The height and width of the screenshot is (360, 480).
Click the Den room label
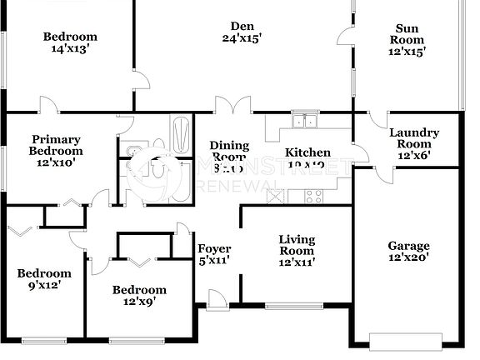pos(242,24)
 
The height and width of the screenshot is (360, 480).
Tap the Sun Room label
pos(410,39)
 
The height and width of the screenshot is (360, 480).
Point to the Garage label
pos(409,246)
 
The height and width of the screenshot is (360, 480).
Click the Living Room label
pos(296,244)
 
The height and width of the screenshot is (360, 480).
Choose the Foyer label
pos(214,249)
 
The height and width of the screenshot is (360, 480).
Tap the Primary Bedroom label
pos(56,145)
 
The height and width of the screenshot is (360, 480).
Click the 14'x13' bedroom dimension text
pos(70,49)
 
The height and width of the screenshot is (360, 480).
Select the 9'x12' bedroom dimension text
pos(44,286)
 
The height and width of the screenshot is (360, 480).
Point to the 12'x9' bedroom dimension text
pos(139,302)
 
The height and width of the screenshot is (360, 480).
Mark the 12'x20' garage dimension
pos(409,258)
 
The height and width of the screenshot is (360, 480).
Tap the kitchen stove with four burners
pos(314,197)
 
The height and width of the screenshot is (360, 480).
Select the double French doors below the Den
pos(231,107)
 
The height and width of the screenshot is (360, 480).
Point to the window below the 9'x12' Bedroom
pos(43,339)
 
